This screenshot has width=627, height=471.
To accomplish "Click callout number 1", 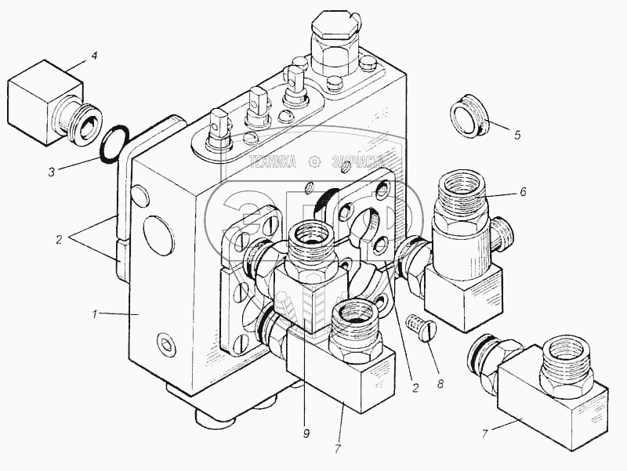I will (x=94, y=314).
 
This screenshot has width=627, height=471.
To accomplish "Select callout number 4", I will (x=94, y=56).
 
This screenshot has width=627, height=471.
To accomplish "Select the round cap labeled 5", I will (x=469, y=115).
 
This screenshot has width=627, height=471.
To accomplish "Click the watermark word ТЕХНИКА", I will (x=273, y=162).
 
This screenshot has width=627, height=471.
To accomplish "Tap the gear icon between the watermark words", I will (x=316, y=162).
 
